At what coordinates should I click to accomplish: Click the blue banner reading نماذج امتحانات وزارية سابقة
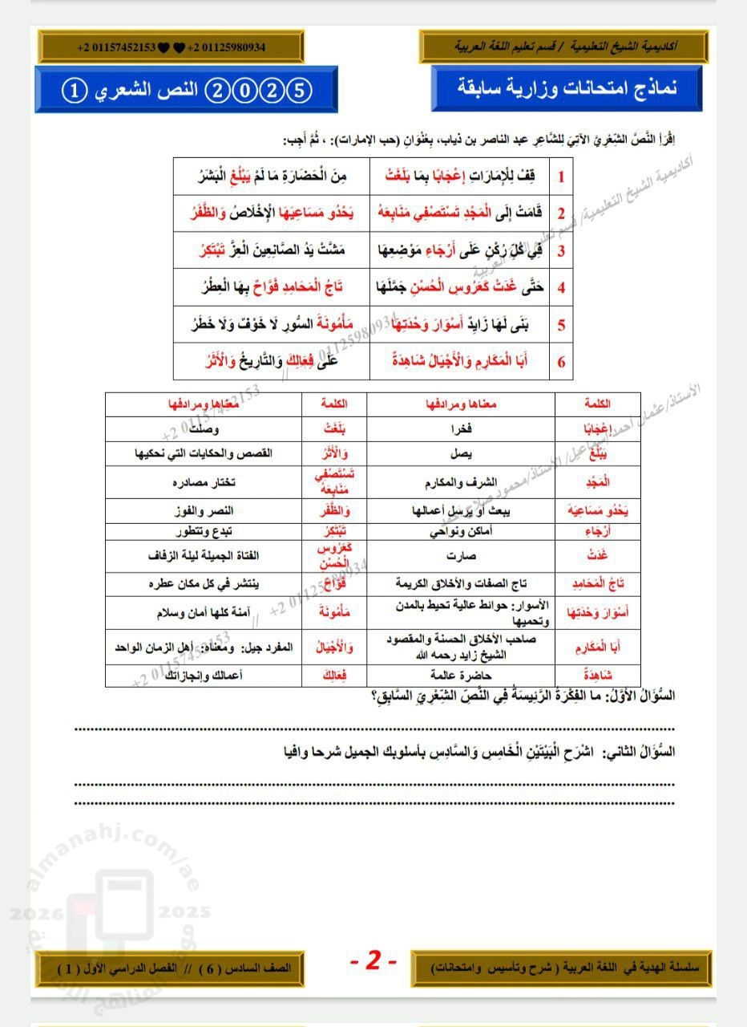click(566, 88)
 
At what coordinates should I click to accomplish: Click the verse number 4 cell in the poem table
click(561, 287)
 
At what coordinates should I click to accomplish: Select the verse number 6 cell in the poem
click(561, 362)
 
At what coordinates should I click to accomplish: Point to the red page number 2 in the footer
click(373, 960)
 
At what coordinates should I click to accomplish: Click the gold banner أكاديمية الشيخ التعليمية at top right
click(565, 47)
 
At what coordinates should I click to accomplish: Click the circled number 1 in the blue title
click(72, 89)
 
